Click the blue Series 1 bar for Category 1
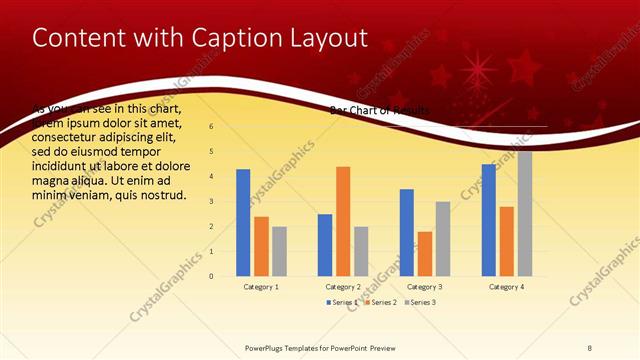(x=243, y=222)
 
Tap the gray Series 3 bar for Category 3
(x=443, y=238)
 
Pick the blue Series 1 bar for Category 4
(x=489, y=220)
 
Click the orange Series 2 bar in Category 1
(x=261, y=246)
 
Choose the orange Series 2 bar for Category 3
(x=425, y=253)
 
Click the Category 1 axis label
(x=261, y=287)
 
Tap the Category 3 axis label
(x=425, y=287)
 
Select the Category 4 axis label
(x=507, y=287)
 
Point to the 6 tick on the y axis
(x=210, y=127)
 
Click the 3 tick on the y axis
(x=210, y=201)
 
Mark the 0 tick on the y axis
(x=210, y=276)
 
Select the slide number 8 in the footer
(x=590, y=348)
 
